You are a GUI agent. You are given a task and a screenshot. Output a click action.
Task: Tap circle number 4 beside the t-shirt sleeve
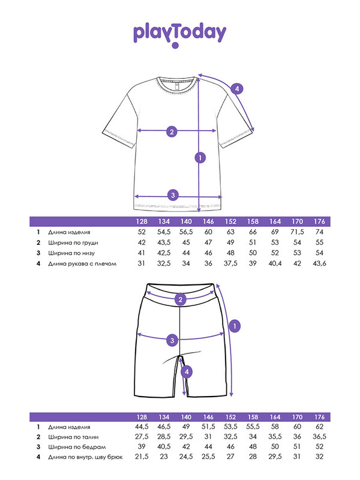click(x=238, y=89)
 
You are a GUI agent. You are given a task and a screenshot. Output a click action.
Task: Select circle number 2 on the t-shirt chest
click(x=171, y=132)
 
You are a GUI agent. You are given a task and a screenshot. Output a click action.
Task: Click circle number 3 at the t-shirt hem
click(x=173, y=195)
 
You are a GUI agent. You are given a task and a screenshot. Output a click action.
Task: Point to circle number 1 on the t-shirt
click(x=200, y=158)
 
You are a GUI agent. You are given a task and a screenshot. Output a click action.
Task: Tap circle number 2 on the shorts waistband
click(x=179, y=300)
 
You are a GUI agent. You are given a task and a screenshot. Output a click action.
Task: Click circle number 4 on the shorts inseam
click(x=188, y=372)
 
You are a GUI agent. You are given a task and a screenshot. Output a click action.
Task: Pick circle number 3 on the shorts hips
click(x=172, y=340)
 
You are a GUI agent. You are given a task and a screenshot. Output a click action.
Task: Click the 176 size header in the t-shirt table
click(x=320, y=221)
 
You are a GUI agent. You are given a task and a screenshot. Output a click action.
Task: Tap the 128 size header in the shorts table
click(x=142, y=417)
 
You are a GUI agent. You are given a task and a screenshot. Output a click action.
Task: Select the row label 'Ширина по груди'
click(x=73, y=242)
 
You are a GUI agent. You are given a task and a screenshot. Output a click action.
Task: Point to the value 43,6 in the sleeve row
click(x=320, y=263)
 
